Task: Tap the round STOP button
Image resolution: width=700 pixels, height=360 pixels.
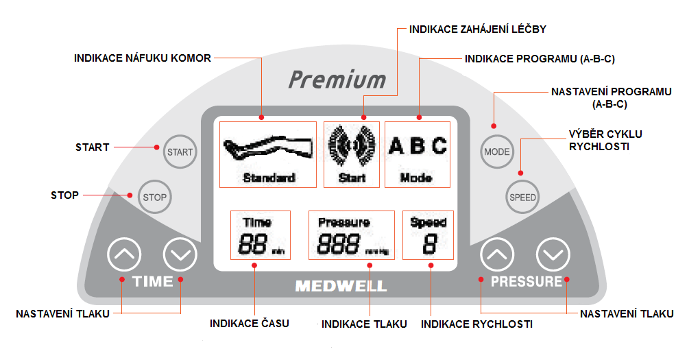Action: point(154,197)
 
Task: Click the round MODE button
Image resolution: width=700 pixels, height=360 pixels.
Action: point(497,152)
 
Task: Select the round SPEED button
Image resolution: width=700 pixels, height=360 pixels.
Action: point(522,197)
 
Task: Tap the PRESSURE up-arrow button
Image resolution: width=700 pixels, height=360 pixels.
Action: point(497,256)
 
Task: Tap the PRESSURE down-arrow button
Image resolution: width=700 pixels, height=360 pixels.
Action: point(553,256)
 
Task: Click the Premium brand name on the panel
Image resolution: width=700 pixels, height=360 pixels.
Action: point(337,80)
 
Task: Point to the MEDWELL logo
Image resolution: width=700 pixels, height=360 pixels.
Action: point(341,285)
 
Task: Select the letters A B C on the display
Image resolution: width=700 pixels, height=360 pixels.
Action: point(418,146)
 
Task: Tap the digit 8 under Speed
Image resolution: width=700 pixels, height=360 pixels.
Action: point(429,243)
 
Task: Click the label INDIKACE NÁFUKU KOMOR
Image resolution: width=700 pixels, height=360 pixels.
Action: point(143,58)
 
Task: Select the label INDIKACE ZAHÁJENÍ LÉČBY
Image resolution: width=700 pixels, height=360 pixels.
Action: point(477,29)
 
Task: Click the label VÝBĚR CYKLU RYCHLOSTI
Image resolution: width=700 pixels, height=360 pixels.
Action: point(605,140)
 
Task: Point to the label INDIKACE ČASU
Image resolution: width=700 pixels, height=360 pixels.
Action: point(250,323)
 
